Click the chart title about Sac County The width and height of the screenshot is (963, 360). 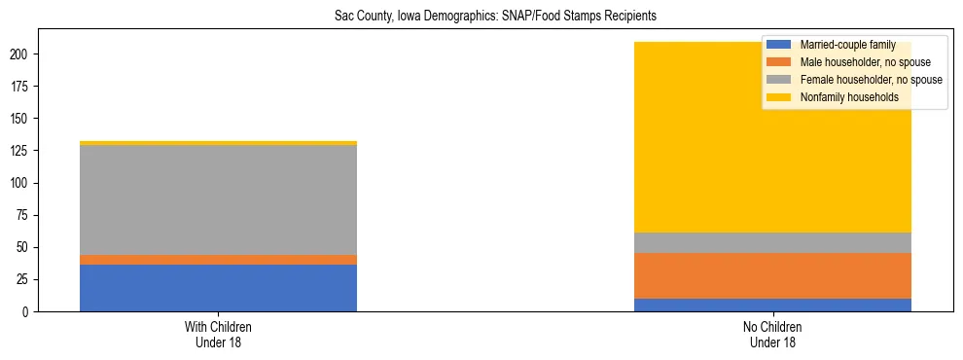tap(481, 16)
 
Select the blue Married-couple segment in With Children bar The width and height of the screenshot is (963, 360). tap(218, 288)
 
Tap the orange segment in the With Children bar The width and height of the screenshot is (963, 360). tap(218, 260)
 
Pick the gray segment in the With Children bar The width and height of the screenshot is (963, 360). tap(218, 200)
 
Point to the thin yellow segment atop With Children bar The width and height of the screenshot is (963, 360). tap(218, 143)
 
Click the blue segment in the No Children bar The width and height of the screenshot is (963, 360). tap(772, 305)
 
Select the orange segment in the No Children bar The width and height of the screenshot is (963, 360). tap(772, 275)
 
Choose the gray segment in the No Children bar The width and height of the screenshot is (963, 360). tap(772, 242)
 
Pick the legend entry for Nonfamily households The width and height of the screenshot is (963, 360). tap(848, 97)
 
